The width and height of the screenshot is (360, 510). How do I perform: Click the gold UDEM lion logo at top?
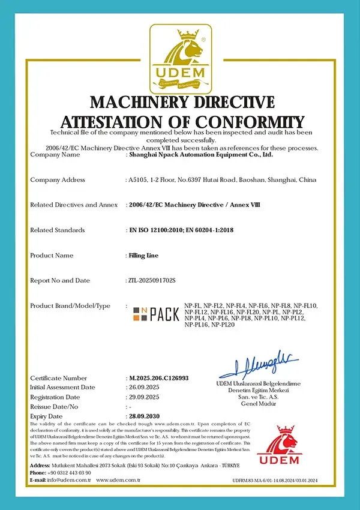(180, 57)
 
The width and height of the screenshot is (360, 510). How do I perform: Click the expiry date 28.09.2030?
(146, 416)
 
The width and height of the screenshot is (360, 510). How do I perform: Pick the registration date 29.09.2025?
(146, 397)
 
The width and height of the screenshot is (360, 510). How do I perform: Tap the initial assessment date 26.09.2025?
(146, 388)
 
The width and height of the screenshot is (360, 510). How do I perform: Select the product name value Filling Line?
(143, 255)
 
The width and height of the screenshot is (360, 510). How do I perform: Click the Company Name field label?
(55, 154)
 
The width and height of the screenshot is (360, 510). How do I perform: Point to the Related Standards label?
(57, 230)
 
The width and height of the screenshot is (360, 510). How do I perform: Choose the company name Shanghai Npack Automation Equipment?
(201, 154)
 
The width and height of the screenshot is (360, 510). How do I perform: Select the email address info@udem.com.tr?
(70, 480)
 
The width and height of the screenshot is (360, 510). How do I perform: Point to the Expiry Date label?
(46, 416)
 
